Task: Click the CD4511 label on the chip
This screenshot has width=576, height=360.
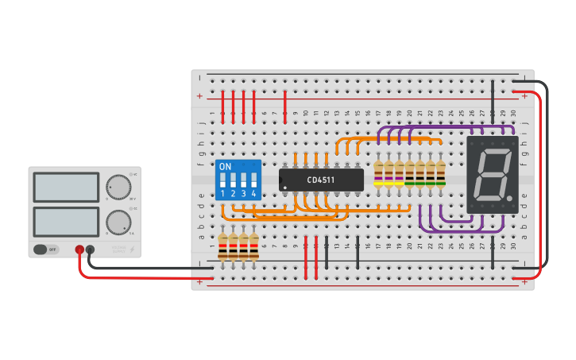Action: pos(321,180)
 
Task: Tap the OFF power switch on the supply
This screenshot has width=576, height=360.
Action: pos(47,250)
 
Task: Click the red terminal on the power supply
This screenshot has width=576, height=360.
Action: pos(79,250)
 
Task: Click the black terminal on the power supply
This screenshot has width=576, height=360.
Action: pos(91,250)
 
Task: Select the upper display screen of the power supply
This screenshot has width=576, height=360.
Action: pos(67,187)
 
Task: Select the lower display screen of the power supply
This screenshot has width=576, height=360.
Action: pos(67,222)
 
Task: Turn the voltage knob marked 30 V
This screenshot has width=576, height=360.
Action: pos(118,187)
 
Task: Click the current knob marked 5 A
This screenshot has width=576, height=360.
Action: pos(118,221)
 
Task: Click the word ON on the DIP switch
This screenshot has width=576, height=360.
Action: pos(225,167)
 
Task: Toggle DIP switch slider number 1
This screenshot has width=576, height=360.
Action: pos(223,180)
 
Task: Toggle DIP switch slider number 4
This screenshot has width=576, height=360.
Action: pos(253,180)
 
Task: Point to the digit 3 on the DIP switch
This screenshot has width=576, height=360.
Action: pos(243,193)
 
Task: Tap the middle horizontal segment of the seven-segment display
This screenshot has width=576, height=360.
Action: pos(491,174)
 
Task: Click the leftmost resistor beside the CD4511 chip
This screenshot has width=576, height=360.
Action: pos(378,173)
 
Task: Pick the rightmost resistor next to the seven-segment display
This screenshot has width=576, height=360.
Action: pos(440,173)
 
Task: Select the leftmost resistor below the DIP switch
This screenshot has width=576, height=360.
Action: pos(223,246)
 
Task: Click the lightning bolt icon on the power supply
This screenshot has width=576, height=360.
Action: pos(132,250)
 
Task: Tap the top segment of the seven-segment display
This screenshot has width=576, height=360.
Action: pos(493,151)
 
